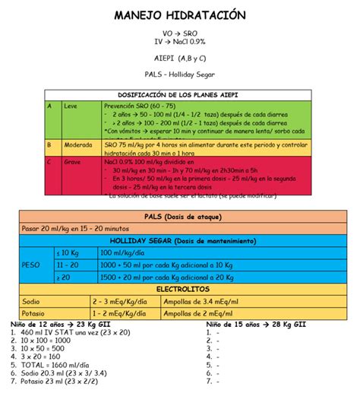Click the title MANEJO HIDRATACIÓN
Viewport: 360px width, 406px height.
tap(180, 16)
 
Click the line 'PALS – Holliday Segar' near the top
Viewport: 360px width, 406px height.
tap(180, 74)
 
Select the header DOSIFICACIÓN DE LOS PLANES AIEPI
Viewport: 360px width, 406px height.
tap(179, 94)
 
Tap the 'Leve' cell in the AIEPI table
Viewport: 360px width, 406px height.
tap(71, 106)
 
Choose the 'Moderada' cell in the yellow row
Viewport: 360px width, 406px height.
tap(78, 144)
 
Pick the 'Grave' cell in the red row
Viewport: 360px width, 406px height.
tap(73, 162)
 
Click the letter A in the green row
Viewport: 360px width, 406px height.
tap(50, 106)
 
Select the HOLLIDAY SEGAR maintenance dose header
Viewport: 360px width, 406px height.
tap(179, 240)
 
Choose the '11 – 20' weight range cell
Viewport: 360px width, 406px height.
tap(68, 265)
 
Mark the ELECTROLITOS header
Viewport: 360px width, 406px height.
tap(179, 290)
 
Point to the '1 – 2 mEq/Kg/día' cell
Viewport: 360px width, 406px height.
tap(119, 313)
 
